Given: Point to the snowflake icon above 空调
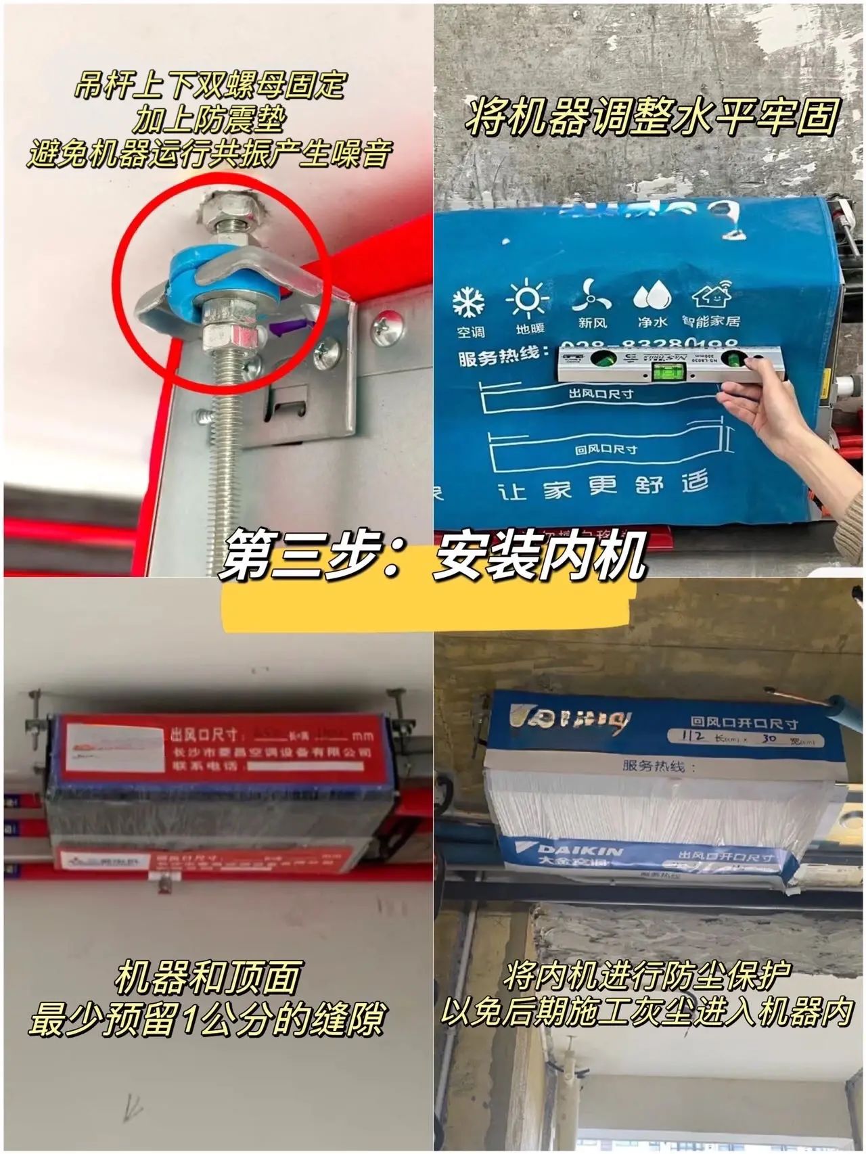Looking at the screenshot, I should [x=469, y=302].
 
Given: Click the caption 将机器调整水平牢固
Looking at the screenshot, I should [x=651, y=116].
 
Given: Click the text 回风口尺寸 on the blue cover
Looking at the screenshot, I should [x=606, y=448].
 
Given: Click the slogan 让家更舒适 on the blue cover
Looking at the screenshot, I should [x=602, y=486].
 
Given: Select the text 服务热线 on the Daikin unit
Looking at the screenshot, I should [x=654, y=766].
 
